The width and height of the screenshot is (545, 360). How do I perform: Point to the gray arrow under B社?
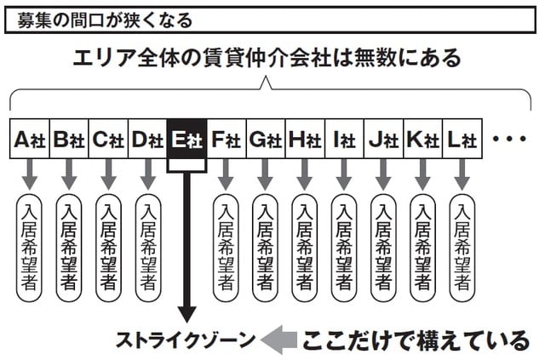tap(69, 176)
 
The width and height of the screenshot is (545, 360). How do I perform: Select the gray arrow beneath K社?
tap(422, 176)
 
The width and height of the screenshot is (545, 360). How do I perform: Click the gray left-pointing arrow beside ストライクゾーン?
tap(277, 340)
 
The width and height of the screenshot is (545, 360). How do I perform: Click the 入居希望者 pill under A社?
tap(30, 248)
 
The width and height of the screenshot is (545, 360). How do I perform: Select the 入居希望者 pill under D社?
tap(147, 248)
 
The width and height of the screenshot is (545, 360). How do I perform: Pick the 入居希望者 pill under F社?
tap(226, 248)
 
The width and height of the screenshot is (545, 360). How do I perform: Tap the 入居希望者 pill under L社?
tap(462, 248)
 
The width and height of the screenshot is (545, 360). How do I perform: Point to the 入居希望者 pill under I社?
tap(344, 248)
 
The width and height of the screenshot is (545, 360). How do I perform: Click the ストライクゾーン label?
tap(186, 341)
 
